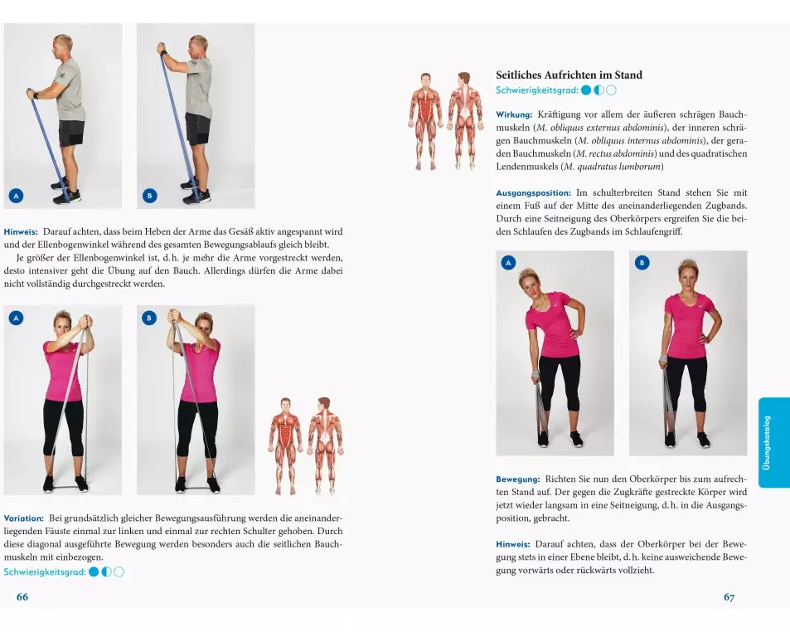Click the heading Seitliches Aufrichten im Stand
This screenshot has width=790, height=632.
click(569, 75)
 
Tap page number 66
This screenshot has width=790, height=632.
click(22, 596)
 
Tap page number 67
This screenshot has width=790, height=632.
click(729, 597)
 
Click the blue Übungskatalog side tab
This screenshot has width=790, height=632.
click(773, 443)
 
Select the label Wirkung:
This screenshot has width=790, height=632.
click(514, 115)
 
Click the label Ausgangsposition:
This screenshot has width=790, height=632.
click(533, 193)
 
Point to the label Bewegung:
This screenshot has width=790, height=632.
click(517, 479)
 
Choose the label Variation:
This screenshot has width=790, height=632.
click(24, 518)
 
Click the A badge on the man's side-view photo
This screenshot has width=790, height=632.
click(16, 196)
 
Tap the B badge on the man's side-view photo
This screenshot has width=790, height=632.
click(150, 196)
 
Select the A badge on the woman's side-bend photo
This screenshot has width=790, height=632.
click(508, 263)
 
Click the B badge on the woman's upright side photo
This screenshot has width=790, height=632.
click(642, 263)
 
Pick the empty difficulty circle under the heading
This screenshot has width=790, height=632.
click(611, 90)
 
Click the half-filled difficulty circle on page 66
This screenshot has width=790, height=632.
click(106, 572)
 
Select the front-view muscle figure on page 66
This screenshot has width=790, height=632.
click(286, 445)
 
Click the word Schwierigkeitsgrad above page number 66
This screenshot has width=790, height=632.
click(45, 572)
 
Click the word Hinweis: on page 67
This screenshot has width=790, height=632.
click(513, 544)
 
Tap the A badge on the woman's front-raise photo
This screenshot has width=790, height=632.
click(16, 318)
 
